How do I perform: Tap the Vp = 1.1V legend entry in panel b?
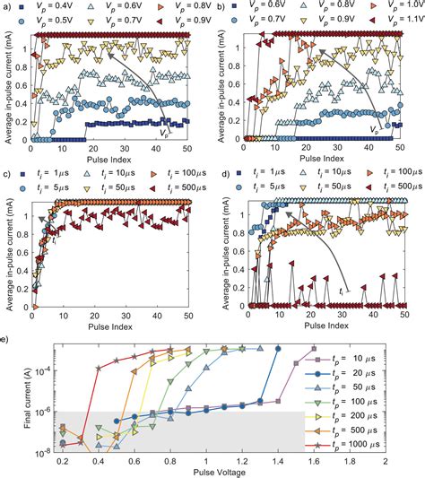click(x=386, y=18)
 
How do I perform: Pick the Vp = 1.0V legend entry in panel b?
click(x=386, y=6)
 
